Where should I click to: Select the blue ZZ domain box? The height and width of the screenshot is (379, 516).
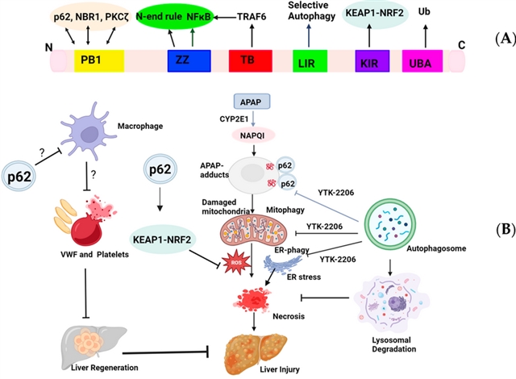183,59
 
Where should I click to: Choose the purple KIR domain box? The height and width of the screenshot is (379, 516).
372,59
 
